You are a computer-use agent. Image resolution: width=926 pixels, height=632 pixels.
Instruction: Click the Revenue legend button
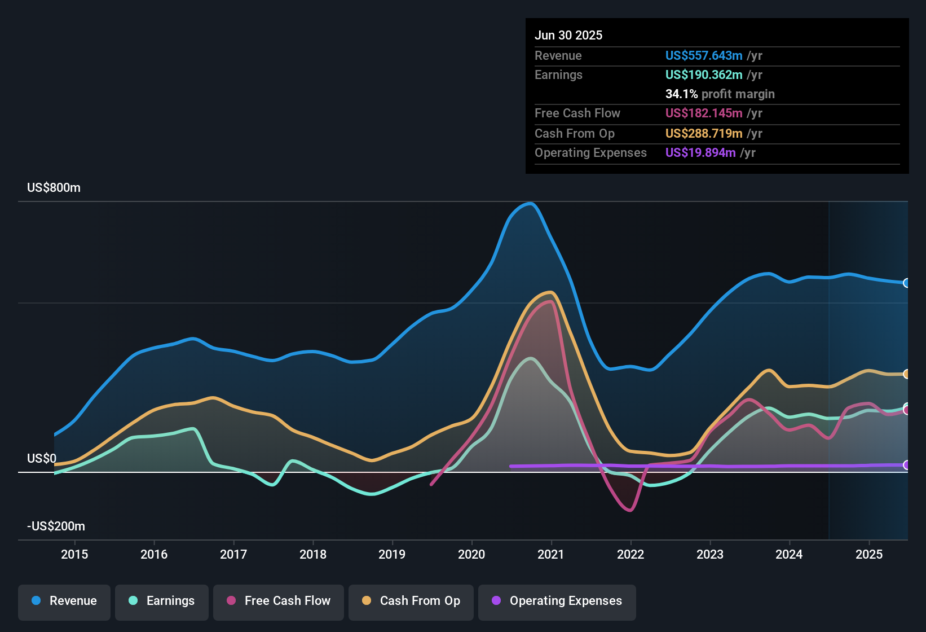point(64,602)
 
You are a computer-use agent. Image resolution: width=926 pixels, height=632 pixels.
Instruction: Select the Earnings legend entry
point(162,602)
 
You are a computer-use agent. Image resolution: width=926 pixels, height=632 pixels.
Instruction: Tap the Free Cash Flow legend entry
point(279,602)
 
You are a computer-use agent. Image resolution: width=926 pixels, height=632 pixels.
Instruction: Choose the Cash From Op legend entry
point(411,602)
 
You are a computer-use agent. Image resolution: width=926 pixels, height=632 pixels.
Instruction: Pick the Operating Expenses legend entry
point(557,602)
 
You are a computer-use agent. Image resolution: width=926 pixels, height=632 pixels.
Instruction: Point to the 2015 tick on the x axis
point(74,554)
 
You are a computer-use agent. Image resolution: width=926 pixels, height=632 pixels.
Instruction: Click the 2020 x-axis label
point(471,554)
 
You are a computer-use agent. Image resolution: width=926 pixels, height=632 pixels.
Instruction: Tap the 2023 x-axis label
point(710,554)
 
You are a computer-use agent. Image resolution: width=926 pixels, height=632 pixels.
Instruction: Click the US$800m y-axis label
point(54,188)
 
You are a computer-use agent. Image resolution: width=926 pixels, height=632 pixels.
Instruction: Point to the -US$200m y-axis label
point(56,526)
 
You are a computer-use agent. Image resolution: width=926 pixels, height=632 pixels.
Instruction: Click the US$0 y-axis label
point(41,459)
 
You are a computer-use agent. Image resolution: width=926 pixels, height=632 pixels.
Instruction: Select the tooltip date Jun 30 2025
point(568,36)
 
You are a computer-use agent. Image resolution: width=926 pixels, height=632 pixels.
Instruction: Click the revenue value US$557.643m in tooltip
point(703,56)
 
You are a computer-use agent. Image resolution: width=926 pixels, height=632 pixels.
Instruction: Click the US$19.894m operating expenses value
point(700,153)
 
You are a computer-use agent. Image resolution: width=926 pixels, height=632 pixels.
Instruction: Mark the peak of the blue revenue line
point(530,203)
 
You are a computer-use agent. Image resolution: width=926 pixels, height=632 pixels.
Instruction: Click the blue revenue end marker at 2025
point(907,283)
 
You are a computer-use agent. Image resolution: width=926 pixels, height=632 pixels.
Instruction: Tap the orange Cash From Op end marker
point(907,374)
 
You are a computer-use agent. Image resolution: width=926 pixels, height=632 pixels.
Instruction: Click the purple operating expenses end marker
point(907,465)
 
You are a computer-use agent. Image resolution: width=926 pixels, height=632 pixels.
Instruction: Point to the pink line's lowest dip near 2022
point(630,511)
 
